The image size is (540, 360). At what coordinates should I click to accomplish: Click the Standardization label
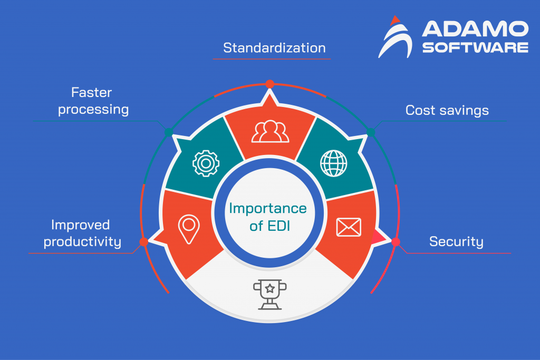(x=274, y=48)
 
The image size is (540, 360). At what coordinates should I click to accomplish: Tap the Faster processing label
(x=93, y=101)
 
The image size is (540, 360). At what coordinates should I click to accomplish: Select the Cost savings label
(x=447, y=110)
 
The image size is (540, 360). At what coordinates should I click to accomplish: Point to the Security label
(x=456, y=242)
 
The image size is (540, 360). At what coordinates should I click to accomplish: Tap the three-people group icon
(x=270, y=132)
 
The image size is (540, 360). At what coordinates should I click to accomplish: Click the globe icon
(x=334, y=163)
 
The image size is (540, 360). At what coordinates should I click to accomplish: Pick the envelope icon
(x=349, y=227)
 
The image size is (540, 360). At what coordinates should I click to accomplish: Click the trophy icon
(x=270, y=293)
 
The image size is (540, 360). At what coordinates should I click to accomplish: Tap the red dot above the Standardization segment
(x=270, y=84)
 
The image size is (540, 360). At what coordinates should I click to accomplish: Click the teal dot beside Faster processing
(x=168, y=132)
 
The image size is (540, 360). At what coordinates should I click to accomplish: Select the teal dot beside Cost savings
(x=371, y=132)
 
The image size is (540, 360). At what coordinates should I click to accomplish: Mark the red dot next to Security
(x=396, y=242)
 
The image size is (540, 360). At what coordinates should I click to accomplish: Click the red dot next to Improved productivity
(x=143, y=242)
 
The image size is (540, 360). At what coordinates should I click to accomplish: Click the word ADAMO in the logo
(x=475, y=30)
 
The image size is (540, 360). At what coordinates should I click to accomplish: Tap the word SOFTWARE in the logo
(x=475, y=47)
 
